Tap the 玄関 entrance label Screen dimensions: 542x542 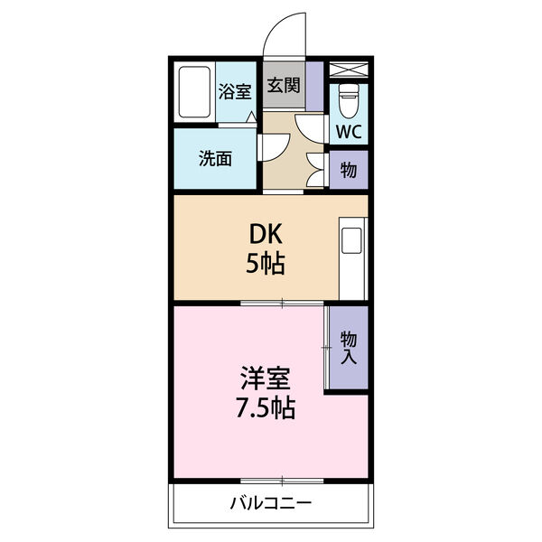pyautogui.click(x=284, y=86)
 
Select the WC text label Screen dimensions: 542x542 pyautogui.click(x=349, y=131)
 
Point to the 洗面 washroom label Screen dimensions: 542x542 pyautogui.click(x=215, y=159)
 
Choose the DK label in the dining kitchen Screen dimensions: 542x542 pyautogui.click(x=268, y=234)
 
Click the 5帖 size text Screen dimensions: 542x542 pyautogui.click(x=268, y=264)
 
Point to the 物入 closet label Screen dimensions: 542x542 pyautogui.click(x=348, y=349)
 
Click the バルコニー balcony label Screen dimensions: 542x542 pyautogui.click(x=270, y=502)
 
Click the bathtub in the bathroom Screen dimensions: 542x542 pyautogui.click(x=193, y=92)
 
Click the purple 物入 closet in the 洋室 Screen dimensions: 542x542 pyautogui.click(x=348, y=349)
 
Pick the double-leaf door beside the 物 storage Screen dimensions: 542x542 pyautogui.click(x=316, y=167)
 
